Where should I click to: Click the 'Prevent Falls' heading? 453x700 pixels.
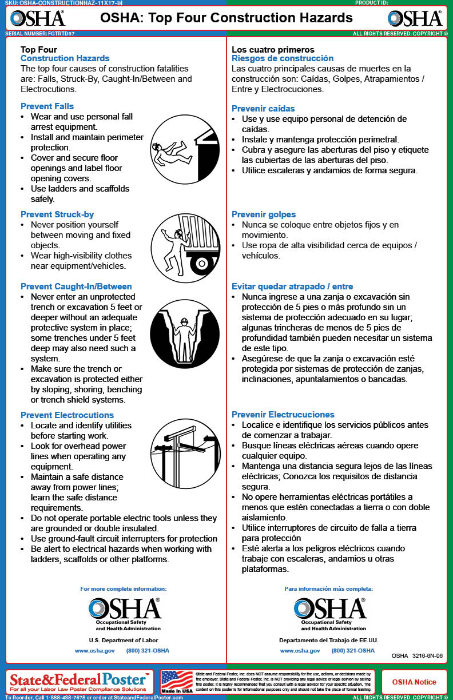[x=47, y=106]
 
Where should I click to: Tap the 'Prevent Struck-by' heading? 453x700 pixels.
[x=57, y=214]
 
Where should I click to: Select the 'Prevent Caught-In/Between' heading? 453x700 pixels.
[x=76, y=287]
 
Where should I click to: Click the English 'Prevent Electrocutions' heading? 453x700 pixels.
[x=67, y=415]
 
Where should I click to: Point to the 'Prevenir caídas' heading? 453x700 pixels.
[x=263, y=109]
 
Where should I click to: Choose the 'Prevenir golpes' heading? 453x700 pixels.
[x=264, y=214]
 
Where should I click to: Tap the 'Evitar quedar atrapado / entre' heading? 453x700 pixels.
[x=292, y=287]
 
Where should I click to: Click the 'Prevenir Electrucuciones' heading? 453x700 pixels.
[x=283, y=415]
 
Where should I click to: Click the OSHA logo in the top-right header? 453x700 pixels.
[x=415, y=18]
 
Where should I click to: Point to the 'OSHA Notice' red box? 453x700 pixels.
[x=414, y=682]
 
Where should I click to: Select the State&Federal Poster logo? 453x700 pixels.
[x=80, y=681]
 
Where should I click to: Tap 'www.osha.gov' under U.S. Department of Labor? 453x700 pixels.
[x=95, y=651]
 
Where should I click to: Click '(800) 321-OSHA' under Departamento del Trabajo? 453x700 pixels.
[x=353, y=651]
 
